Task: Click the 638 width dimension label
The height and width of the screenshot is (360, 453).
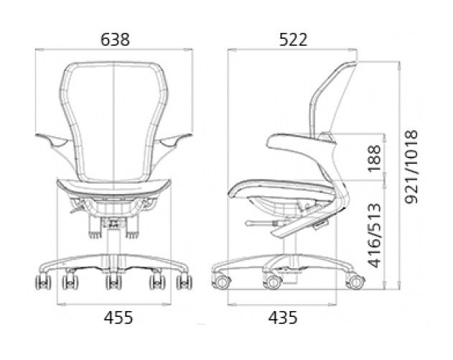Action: [x=115, y=40]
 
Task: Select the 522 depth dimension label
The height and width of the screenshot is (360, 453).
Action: [x=293, y=40]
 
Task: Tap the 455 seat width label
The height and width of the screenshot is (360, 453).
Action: [x=118, y=318]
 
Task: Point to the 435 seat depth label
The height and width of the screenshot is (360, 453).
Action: [x=283, y=318]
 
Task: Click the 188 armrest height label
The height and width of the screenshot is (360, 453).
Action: [x=375, y=159]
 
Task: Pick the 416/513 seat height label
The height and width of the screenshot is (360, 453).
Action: [x=375, y=236]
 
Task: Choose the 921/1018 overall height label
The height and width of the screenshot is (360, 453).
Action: [x=411, y=167]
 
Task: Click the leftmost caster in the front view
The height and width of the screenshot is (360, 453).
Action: [x=43, y=282]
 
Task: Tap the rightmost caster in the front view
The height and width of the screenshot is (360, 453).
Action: [x=185, y=282]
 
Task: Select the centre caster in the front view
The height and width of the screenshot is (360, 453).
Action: [x=113, y=282]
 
